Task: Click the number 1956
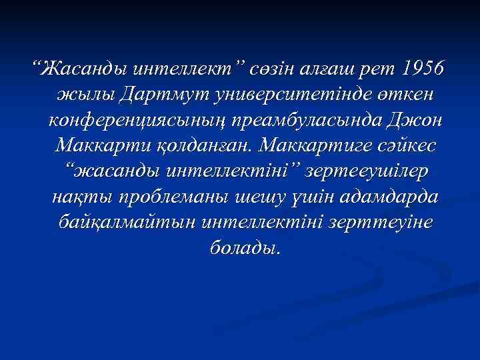[x=425, y=69]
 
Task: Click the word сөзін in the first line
[x=269, y=69]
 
